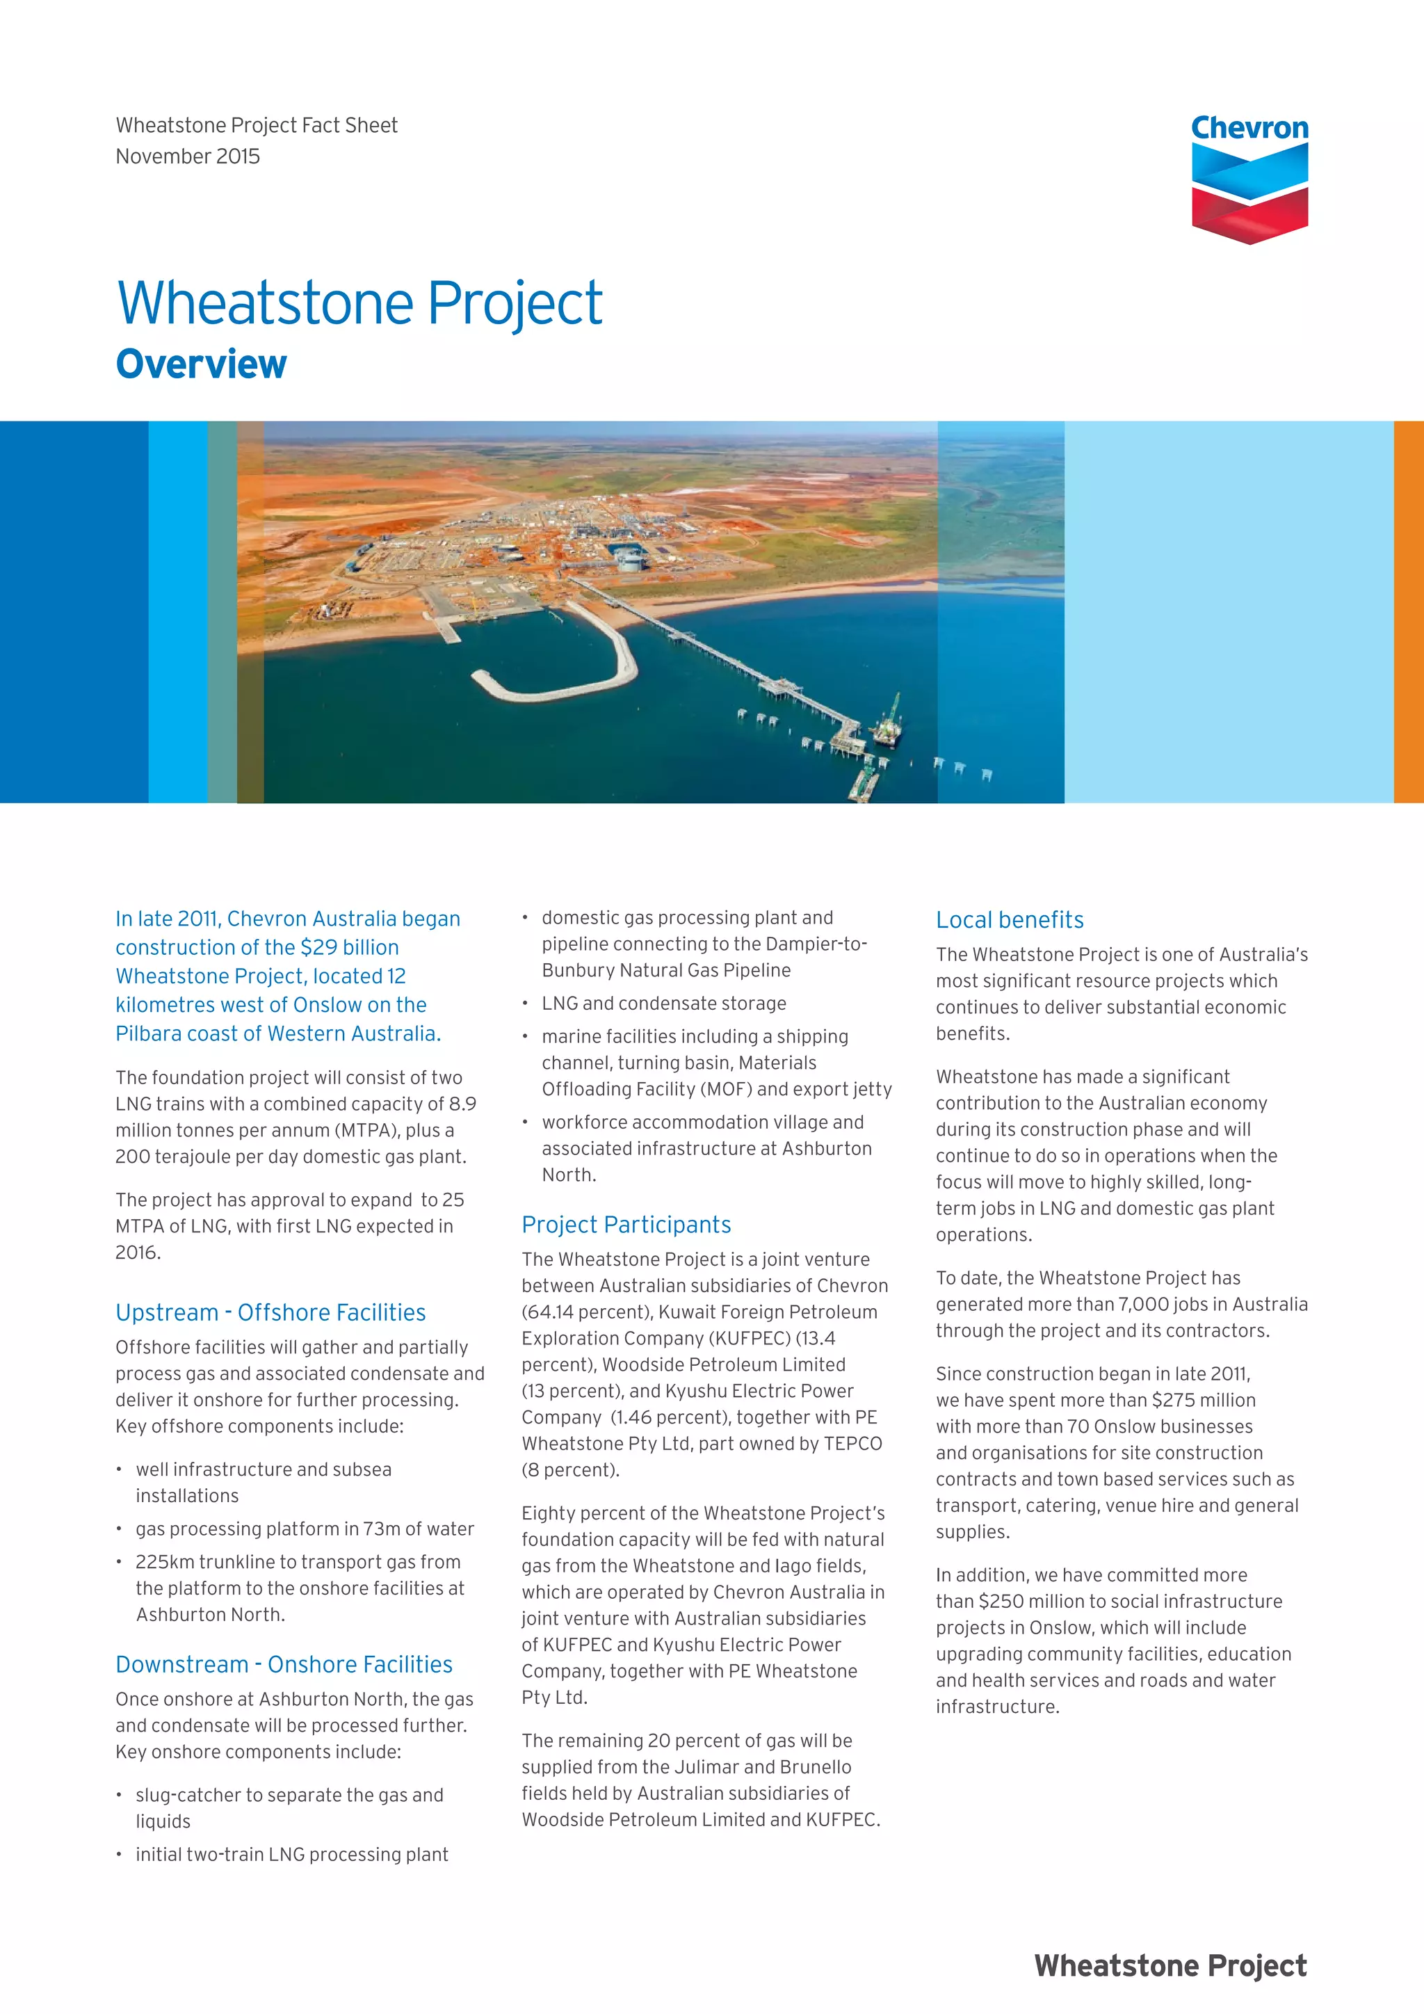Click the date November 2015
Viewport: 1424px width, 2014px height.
[x=188, y=156]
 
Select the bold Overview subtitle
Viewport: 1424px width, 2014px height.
[x=201, y=364]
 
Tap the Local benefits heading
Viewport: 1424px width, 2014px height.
[x=1010, y=919]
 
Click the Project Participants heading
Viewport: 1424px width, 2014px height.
[x=626, y=1225]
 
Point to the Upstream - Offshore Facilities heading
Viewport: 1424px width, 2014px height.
[x=270, y=1312]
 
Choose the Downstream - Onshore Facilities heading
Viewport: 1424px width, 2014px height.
[x=284, y=1664]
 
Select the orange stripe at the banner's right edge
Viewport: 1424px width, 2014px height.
[x=1408, y=611]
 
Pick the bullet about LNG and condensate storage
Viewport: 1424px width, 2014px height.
[x=664, y=1003]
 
